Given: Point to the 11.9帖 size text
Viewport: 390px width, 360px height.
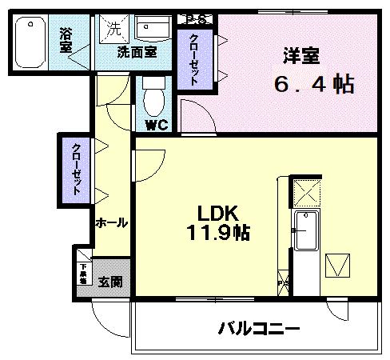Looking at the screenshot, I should tap(218, 233).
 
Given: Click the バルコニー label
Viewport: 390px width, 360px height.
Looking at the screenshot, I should tap(258, 328).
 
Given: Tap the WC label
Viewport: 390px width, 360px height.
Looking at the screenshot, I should tap(155, 124).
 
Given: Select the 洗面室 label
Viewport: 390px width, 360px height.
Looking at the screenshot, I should tap(137, 53).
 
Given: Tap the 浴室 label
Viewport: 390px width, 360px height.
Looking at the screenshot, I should tap(66, 40).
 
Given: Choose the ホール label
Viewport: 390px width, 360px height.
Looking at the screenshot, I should tap(111, 223).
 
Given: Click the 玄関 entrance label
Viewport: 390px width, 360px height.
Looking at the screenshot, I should tap(110, 282).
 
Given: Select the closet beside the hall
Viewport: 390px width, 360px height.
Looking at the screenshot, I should tap(76, 169).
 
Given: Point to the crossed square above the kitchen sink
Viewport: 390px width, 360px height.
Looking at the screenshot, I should tap(307, 193).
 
